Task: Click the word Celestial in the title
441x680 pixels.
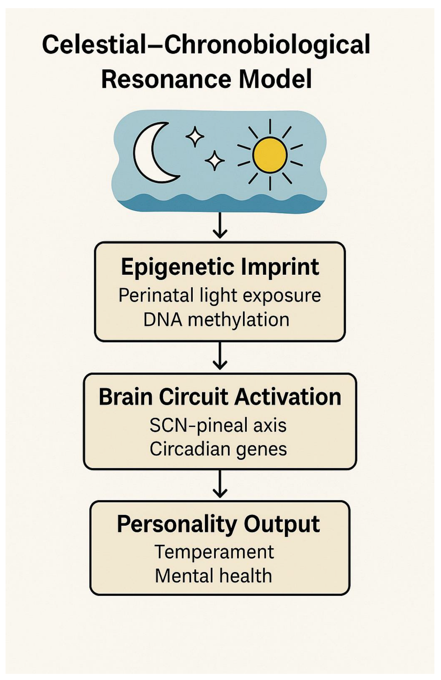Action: pyautogui.click(x=94, y=44)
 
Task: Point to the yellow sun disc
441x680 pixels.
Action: pyautogui.click(x=270, y=155)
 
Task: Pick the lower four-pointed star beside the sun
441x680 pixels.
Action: pyautogui.click(x=215, y=161)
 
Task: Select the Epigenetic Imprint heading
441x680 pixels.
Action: pyautogui.click(x=220, y=267)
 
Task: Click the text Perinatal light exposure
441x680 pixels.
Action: pyautogui.click(x=220, y=295)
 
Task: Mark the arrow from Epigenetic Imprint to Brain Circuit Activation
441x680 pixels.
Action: pyautogui.click(x=220, y=356)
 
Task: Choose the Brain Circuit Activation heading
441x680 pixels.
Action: pyautogui.click(x=220, y=397)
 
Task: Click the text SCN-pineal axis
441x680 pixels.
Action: pyautogui.click(x=218, y=425)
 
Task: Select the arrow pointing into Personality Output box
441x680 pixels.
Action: pyautogui.click(x=220, y=484)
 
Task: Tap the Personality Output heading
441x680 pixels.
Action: pyautogui.click(x=218, y=524)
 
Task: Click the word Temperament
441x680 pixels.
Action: pyautogui.click(x=214, y=552)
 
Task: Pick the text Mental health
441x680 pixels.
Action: pyautogui.click(x=213, y=576)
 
